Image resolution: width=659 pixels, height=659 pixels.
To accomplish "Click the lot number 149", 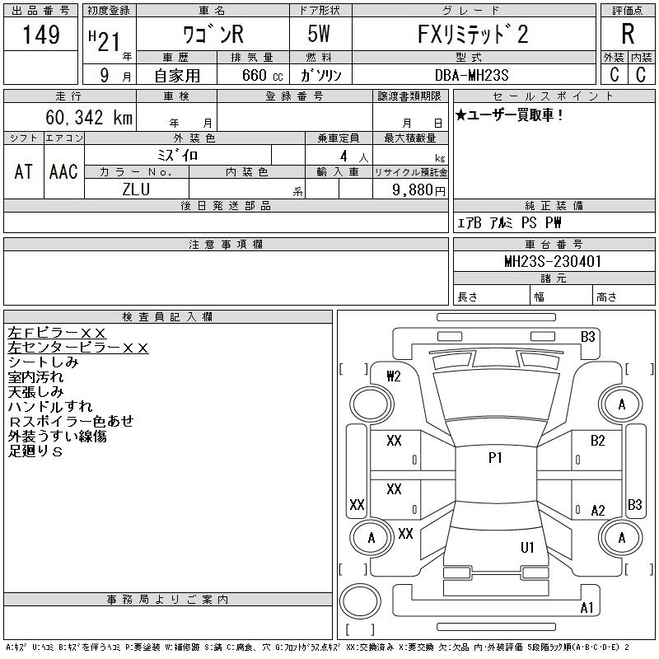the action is pyautogui.click(x=41, y=34).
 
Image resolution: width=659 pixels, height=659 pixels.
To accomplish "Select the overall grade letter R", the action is pyautogui.click(x=628, y=34).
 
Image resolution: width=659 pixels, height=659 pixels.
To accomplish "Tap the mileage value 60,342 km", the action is pyautogui.click(x=89, y=117).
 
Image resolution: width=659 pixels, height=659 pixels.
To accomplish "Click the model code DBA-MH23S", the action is pyautogui.click(x=471, y=75).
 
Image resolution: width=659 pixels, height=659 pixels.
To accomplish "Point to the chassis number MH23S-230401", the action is pyautogui.click(x=553, y=261).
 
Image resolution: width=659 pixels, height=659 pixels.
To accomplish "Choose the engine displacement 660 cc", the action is pyautogui.click(x=262, y=75).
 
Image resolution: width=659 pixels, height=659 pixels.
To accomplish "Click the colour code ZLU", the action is pyautogui.click(x=136, y=189).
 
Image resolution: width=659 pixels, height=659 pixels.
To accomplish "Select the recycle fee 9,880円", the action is pyautogui.click(x=418, y=189).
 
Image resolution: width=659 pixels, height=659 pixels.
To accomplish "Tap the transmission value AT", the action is pyautogui.click(x=23, y=171).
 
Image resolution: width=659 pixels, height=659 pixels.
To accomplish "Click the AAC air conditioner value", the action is pyautogui.click(x=63, y=171).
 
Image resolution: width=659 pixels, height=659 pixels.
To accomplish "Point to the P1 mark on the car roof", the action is pyautogui.click(x=495, y=457).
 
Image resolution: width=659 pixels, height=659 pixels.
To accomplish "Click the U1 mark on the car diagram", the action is pyautogui.click(x=527, y=547).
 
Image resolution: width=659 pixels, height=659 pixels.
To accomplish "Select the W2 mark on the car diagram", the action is pyautogui.click(x=394, y=376).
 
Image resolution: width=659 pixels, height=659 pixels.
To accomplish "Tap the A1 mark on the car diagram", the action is pyautogui.click(x=587, y=607).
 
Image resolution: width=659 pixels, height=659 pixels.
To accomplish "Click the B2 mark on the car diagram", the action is pyautogui.click(x=597, y=441).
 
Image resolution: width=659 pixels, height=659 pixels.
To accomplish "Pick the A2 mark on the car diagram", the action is pyautogui.click(x=598, y=510).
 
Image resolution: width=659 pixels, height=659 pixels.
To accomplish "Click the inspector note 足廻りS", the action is pyautogui.click(x=35, y=451).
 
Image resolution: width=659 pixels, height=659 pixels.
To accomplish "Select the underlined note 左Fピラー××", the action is pyautogui.click(x=57, y=333).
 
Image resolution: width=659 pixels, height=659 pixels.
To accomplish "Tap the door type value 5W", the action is pyautogui.click(x=319, y=34).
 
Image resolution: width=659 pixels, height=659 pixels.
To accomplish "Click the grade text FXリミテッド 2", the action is pyautogui.click(x=473, y=34).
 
